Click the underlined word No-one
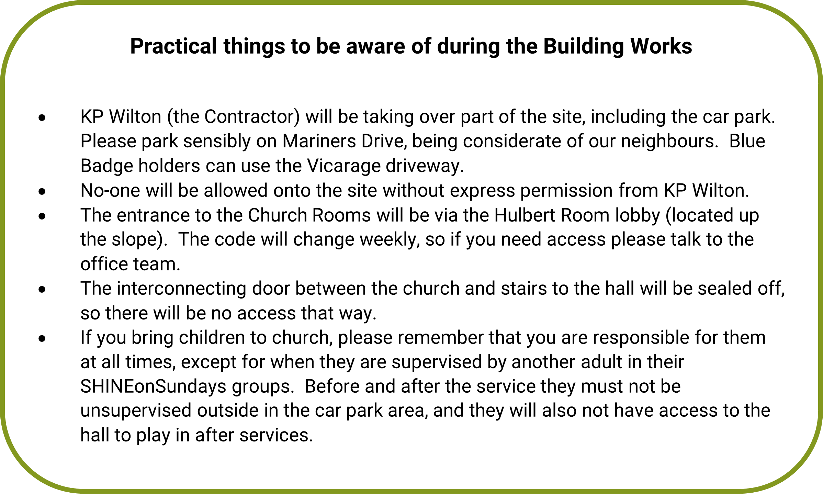pyautogui.click(x=110, y=191)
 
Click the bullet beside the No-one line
pyautogui.click(x=42, y=191)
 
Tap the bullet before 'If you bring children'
pyautogui.click(x=42, y=339)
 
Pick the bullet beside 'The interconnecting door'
pyautogui.click(x=42, y=290)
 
